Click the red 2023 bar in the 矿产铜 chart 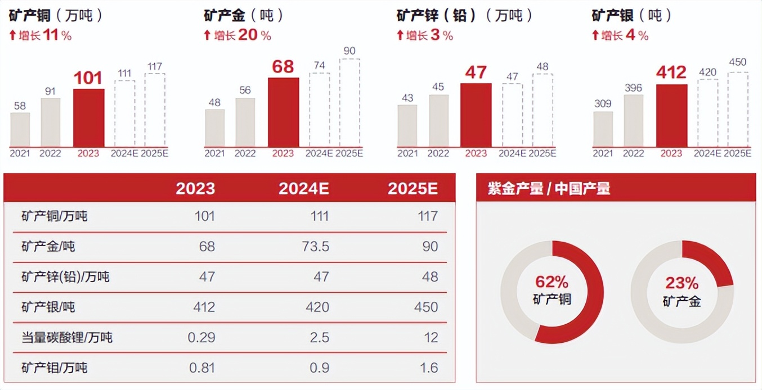point(89,117)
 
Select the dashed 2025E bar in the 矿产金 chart point(349,102)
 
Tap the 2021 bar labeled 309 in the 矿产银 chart point(603,129)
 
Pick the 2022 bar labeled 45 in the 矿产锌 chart point(439,120)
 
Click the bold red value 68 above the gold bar point(283,67)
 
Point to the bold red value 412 point(671,72)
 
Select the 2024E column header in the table point(304,188)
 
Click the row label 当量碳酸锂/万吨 point(67,337)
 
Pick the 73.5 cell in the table point(315,246)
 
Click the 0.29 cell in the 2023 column point(201,337)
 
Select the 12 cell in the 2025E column point(431,337)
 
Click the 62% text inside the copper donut point(552,282)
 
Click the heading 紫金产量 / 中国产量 point(549,188)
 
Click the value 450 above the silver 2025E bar point(738,62)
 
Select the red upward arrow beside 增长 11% point(12,36)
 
